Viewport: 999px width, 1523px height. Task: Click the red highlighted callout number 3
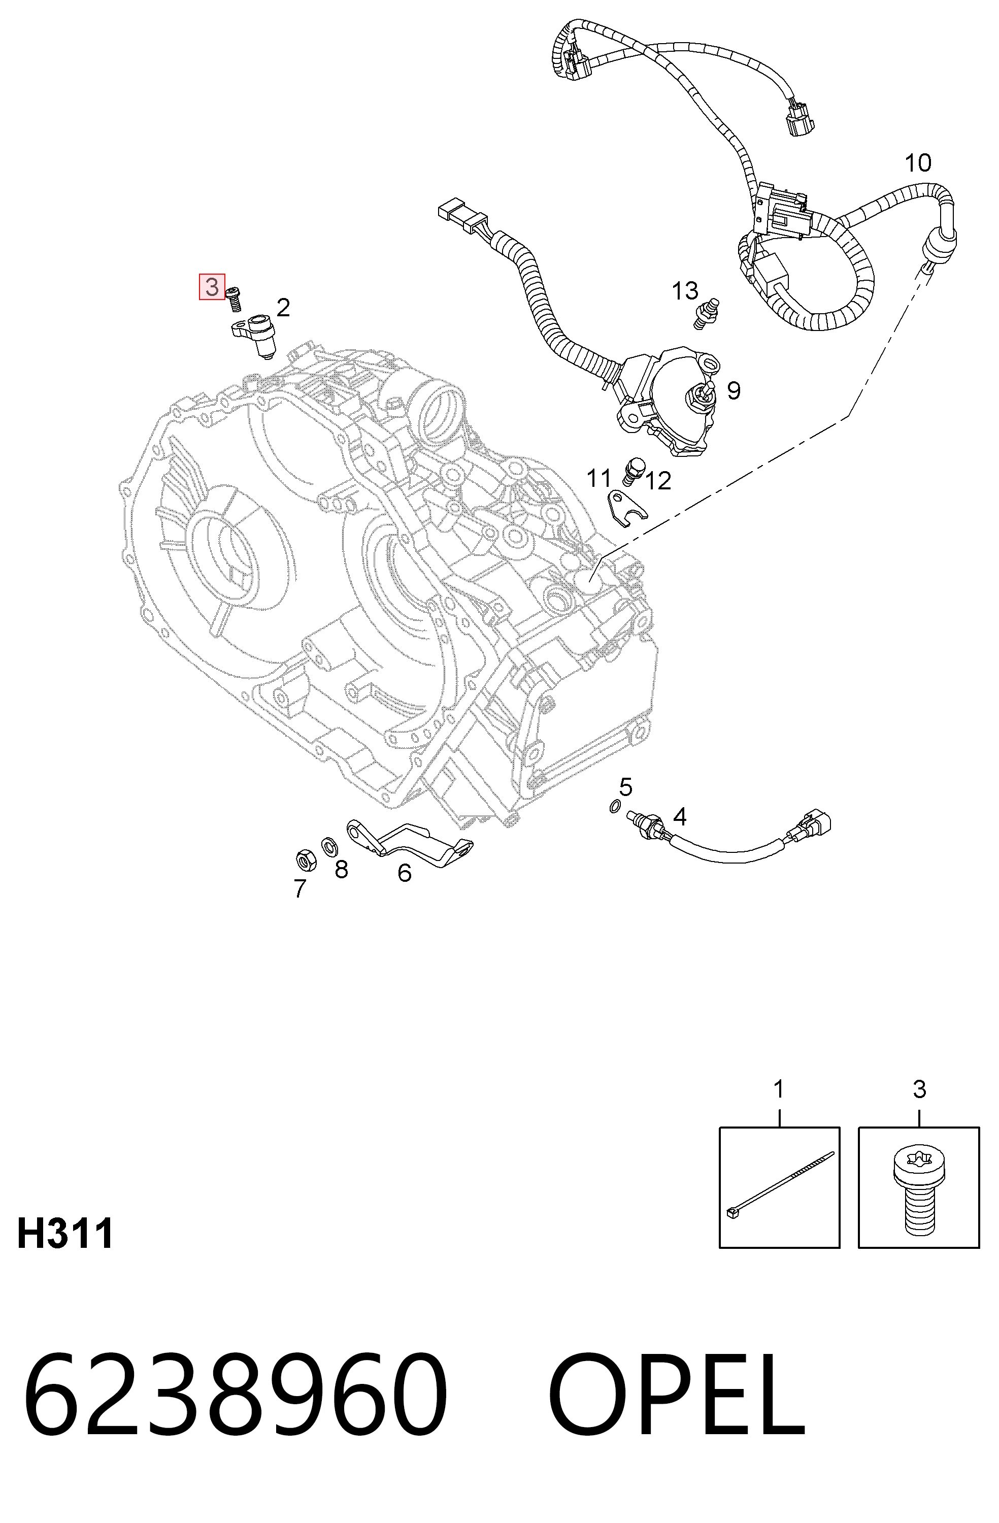click(212, 287)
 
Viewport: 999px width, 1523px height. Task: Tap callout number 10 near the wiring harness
click(918, 162)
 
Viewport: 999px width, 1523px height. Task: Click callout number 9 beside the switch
click(734, 390)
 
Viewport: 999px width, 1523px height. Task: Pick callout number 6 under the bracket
click(405, 873)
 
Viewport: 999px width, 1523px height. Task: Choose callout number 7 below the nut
click(299, 888)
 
